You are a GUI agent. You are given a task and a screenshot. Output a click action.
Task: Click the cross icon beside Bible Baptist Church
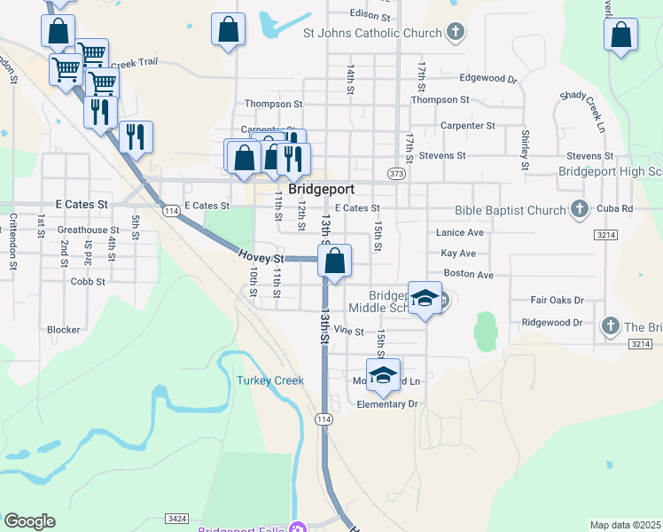580,210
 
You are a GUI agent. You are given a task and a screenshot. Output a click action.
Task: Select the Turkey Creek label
270,380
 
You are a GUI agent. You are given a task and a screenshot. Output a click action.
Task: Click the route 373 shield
396,173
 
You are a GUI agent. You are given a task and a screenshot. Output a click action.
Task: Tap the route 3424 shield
175,517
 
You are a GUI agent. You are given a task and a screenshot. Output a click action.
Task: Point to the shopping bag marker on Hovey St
334,262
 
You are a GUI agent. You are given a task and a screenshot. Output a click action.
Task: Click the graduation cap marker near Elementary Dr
383,374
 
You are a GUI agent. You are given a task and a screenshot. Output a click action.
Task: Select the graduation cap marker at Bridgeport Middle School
425,297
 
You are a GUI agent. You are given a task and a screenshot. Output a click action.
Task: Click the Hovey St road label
260,257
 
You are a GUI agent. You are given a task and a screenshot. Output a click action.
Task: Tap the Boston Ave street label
468,275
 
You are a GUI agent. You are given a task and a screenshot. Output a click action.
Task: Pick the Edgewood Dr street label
488,78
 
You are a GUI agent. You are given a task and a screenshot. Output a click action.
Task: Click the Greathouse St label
82,230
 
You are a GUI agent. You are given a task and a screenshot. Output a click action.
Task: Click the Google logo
29,521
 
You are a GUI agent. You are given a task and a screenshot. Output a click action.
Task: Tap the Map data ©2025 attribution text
625,525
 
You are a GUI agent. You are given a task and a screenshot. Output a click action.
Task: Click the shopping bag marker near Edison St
228,29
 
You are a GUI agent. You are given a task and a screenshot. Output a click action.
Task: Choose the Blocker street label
64,329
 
